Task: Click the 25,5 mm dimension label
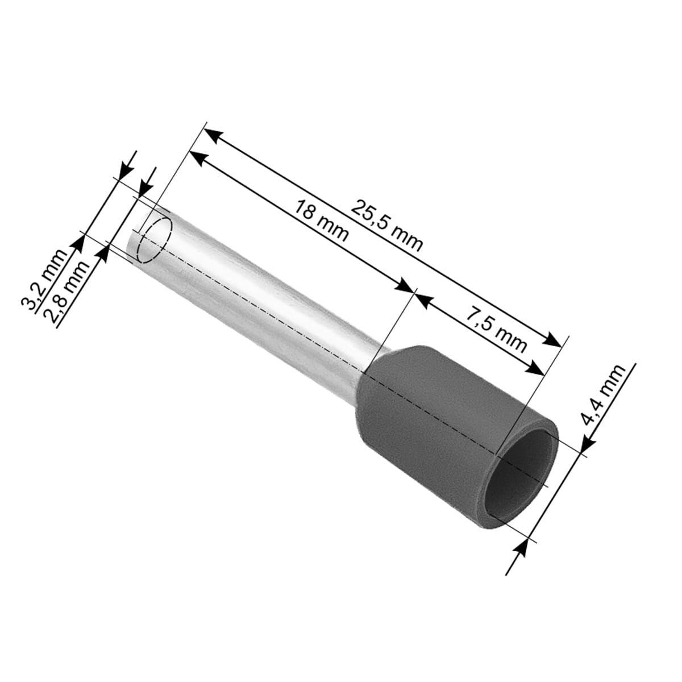pos(386,226)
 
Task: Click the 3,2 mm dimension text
pos(44,280)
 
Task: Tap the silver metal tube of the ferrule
pos(255,294)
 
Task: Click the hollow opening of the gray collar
pos(518,480)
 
